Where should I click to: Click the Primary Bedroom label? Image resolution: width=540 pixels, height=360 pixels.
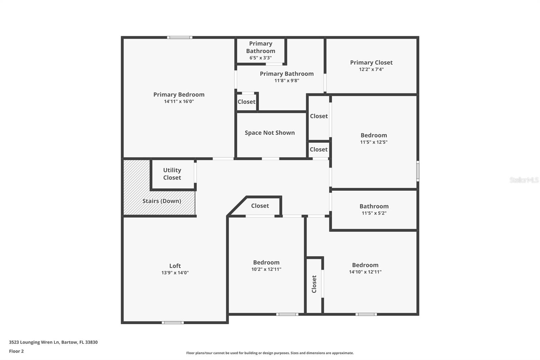[179, 95]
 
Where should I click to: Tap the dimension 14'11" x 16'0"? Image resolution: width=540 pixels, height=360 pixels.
[179, 101]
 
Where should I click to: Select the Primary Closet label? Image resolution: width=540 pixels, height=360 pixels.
[371, 62]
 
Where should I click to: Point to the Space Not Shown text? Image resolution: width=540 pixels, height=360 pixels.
[270, 133]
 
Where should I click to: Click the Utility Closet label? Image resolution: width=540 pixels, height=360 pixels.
[172, 174]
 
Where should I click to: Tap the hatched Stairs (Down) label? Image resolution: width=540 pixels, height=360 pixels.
[162, 201]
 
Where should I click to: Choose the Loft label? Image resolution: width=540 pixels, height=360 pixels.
[175, 266]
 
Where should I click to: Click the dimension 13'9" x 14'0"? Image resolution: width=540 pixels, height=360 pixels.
[175, 273]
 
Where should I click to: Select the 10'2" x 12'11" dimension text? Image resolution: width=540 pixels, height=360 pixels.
[266, 269]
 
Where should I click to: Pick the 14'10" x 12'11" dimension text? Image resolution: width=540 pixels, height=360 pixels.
[365, 272]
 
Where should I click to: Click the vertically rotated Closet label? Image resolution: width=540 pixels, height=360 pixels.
[314, 284]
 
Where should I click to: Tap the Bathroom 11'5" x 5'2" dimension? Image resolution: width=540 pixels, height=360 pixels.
[374, 213]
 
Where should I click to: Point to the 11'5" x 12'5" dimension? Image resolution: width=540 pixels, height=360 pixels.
[374, 142]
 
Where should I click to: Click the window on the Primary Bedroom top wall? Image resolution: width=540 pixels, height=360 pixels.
[180, 37]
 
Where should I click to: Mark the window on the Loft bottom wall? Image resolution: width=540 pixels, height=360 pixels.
[172, 323]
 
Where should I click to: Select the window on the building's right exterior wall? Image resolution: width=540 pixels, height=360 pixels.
[418, 171]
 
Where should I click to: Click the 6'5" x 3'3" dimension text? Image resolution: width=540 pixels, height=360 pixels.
[261, 58]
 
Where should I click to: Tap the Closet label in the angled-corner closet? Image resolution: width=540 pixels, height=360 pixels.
[260, 206]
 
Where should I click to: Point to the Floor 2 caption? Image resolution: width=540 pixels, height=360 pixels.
[16, 351]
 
